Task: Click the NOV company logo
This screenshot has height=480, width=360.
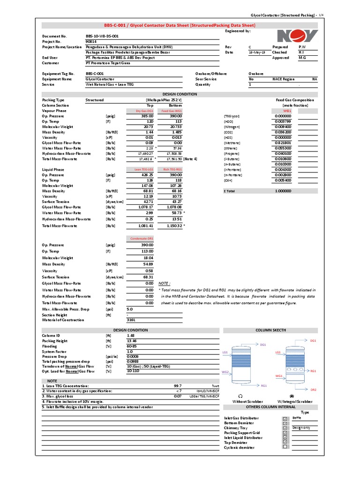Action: pos(297,36)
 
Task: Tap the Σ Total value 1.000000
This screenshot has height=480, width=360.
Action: pos(283,191)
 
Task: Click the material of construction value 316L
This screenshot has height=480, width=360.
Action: pos(131,320)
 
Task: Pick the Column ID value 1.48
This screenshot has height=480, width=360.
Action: pos(130,336)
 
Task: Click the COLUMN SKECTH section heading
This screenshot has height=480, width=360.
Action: pos(270,330)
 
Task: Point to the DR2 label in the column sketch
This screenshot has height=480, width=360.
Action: pos(314,390)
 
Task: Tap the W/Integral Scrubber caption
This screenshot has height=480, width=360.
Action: pos(295,402)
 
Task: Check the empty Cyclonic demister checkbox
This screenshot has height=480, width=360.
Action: pos(285,447)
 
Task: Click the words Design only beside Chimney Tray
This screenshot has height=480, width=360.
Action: pos(300,428)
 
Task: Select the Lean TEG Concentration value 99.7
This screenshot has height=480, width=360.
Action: pos(178,385)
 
